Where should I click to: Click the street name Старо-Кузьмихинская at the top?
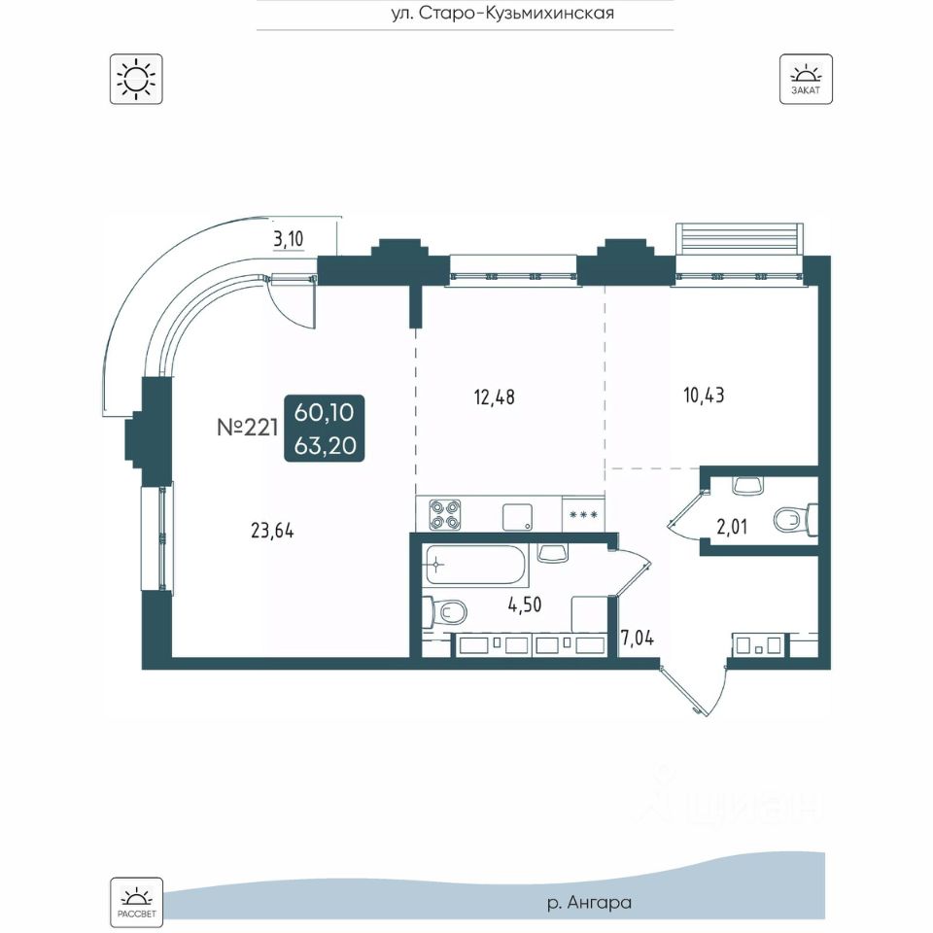[x=502, y=13]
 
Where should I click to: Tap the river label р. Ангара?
[x=589, y=903]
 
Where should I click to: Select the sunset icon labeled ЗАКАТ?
[x=806, y=79]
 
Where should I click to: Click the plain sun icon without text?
[x=136, y=79]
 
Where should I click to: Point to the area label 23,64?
[x=272, y=531]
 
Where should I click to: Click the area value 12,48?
[x=494, y=397]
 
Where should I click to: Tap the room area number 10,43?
[x=704, y=396]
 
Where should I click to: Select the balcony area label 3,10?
[x=289, y=239]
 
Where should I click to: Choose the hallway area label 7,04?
[x=638, y=638]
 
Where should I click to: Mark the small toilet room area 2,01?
[x=731, y=527]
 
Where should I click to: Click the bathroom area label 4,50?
[x=525, y=605]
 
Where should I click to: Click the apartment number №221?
[x=248, y=428]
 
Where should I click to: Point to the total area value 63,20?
[x=325, y=445]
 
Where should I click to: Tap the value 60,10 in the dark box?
[x=325, y=412]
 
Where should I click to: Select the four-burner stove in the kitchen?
[x=446, y=515]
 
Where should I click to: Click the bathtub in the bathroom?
[x=476, y=564]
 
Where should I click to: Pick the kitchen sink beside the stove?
[x=517, y=517]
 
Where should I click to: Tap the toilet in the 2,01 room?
[x=795, y=519]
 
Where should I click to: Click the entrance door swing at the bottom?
[x=693, y=688]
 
